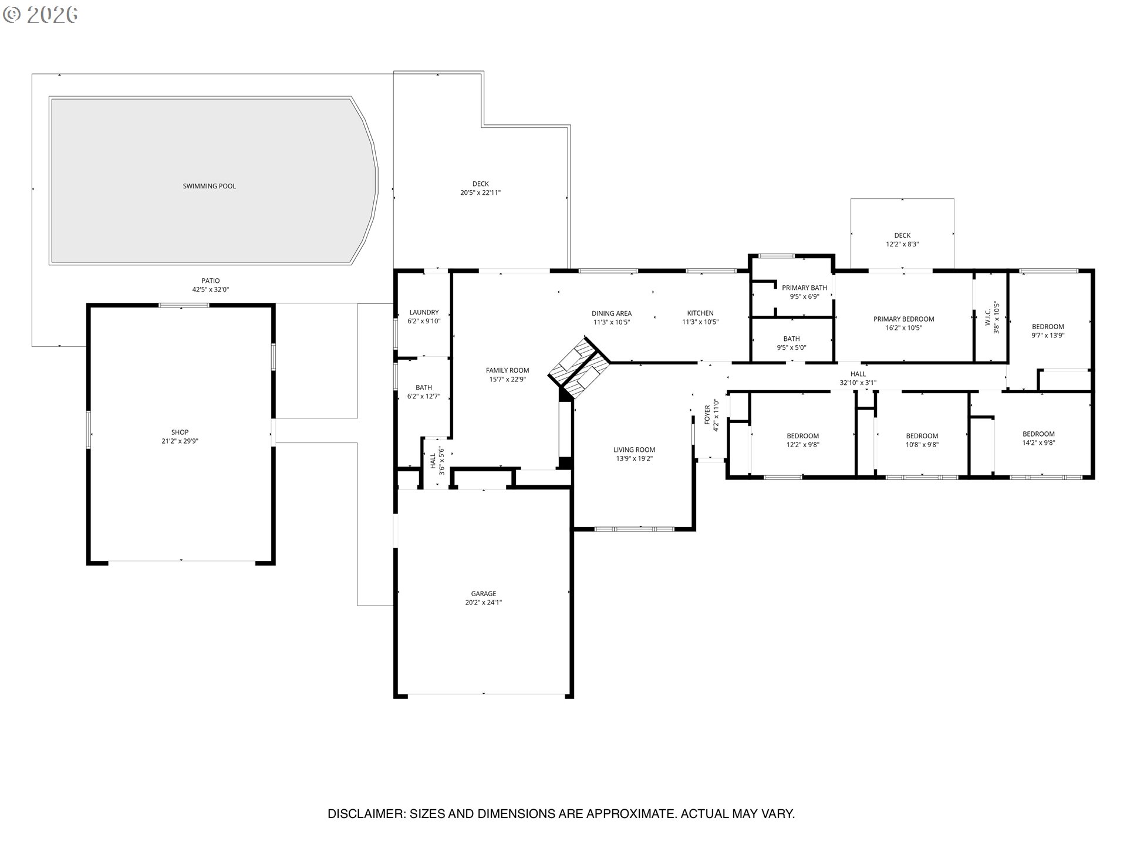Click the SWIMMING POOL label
tap(209, 186)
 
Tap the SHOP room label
tap(180, 432)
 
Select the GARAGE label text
tap(483, 594)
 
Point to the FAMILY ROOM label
tap(507, 370)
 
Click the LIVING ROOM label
tap(634, 450)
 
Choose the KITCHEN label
tap(700, 313)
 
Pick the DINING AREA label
tap(611, 313)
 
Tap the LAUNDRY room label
tap(424, 313)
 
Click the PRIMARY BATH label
tap(804, 288)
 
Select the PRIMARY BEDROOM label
tap(903, 319)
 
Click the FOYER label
tap(707, 414)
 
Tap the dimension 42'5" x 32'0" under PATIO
tap(210, 290)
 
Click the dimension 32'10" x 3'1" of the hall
tap(858, 383)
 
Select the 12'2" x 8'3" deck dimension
tap(902, 244)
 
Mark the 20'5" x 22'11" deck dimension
tap(480, 192)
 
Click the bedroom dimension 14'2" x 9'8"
tap(1038, 443)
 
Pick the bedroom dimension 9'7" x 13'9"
tap(1048, 336)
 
